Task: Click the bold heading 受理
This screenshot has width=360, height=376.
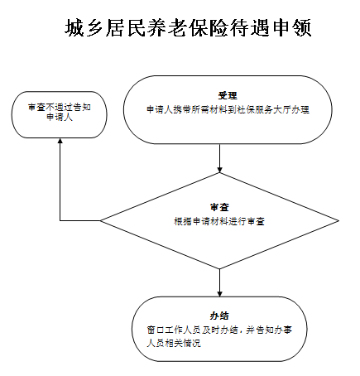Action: (x=228, y=96)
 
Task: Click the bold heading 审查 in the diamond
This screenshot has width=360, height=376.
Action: (x=219, y=207)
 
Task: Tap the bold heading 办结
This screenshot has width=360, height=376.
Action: (x=219, y=316)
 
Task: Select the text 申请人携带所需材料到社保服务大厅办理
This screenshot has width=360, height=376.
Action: (x=228, y=109)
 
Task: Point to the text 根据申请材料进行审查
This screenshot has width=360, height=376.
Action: (x=219, y=221)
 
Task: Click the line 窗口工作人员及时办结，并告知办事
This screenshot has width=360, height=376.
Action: (x=219, y=330)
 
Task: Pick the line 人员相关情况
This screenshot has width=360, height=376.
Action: (x=174, y=344)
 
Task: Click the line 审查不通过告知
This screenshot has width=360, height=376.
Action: (x=60, y=107)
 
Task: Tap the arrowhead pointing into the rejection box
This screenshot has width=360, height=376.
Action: (x=60, y=141)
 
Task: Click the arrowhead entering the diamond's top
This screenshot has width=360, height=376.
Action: (x=219, y=170)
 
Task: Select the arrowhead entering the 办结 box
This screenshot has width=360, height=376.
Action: (x=219, y=294)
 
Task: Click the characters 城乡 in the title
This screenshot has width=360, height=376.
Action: (x=84, y=28)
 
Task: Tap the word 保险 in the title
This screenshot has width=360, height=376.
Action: (x=209, y=28)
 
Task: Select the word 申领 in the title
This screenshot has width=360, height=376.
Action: (x=292, y=28)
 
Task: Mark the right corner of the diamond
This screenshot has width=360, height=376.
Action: (x=338, y=220)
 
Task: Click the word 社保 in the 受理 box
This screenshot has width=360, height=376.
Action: (x=246, y=109)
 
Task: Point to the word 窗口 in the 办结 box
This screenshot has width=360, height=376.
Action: (x=156, y=330)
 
